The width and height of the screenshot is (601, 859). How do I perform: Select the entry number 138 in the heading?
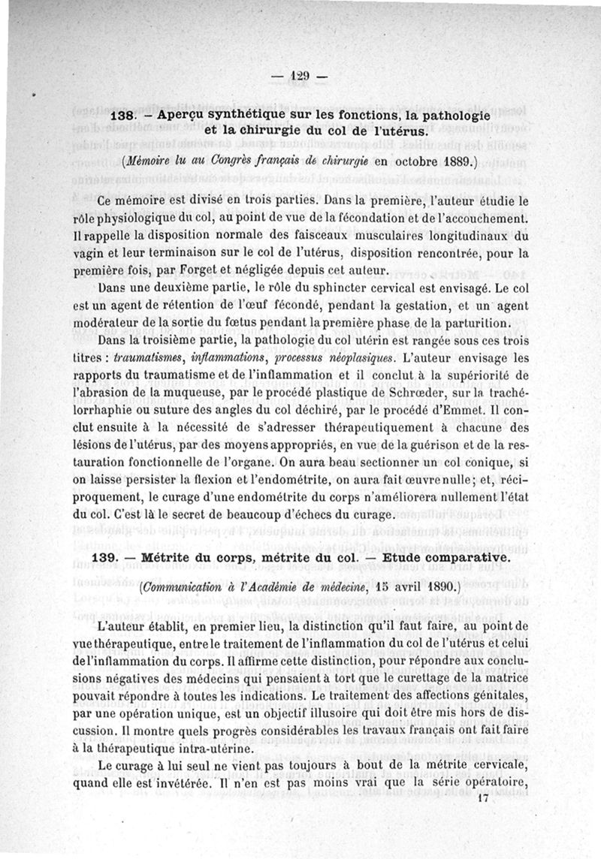[x=122, y=118]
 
